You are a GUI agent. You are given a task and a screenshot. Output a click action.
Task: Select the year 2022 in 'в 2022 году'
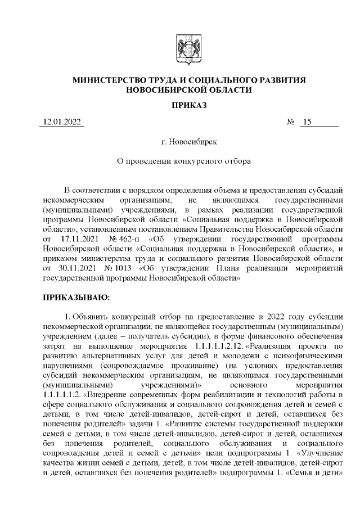coord(272,316)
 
